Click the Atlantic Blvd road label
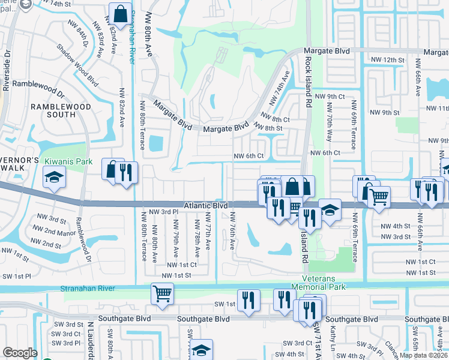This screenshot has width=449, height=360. [206, 205]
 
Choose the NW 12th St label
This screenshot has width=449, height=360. [385, 60]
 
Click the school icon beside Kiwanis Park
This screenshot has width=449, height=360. [54, 176]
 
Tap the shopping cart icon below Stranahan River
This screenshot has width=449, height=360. [162, 293]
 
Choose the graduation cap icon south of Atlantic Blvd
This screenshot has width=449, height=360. [330, 209]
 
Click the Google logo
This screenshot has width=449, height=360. [20, 353]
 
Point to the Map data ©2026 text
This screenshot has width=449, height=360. [424, 355]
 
